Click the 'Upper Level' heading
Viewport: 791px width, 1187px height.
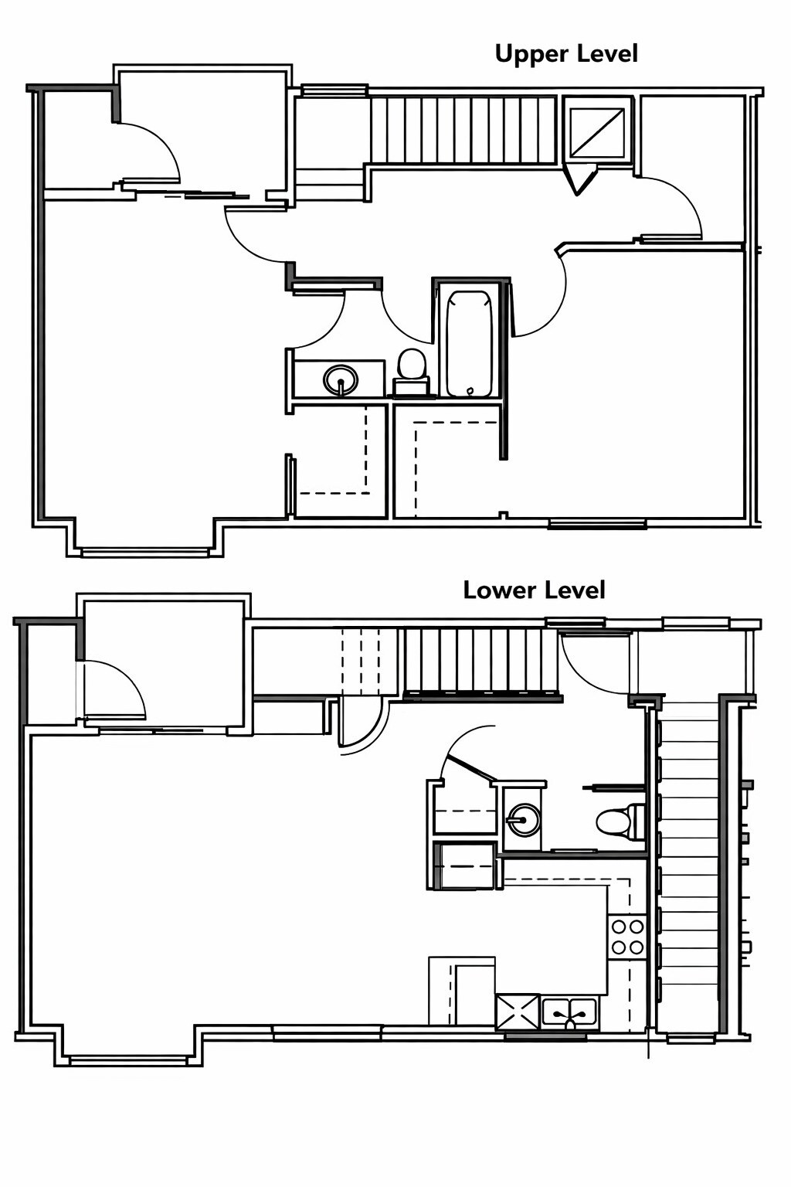coord(566,54)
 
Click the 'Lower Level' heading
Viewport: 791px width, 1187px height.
coord(534,590)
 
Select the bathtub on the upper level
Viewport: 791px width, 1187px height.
coord(469,342)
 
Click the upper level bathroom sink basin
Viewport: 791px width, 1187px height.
coord(341,379)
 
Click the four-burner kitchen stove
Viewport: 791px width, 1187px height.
coord(626,936)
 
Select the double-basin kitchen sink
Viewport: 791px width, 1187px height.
coord(569,1012)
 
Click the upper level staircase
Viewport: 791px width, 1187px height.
coord(463,129)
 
